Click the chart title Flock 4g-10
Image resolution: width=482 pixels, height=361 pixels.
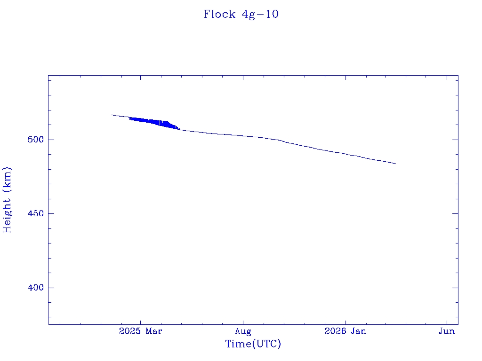[241, 14]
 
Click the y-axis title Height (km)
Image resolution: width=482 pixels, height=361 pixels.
[7, 199]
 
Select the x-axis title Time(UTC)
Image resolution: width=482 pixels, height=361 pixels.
[253, 344]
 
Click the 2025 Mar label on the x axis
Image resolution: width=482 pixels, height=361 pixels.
[141, 331]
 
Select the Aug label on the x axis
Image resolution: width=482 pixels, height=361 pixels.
[243, 331]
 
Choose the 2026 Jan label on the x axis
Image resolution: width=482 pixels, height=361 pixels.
[345, 331]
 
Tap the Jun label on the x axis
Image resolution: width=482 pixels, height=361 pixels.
[447, 331]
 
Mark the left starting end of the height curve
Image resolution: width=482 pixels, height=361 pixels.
[112, 115]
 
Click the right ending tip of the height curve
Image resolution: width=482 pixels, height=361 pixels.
[395, 164]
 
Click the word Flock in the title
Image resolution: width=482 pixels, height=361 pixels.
[219, 14]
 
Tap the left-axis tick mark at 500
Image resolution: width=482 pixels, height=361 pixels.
[51, 140]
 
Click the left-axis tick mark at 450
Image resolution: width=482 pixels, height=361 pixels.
[51, 213]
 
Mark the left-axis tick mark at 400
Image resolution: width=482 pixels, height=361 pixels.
[51, 288]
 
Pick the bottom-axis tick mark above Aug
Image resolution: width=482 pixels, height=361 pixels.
[243, 322]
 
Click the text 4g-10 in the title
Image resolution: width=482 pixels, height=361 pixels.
[260, 14]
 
